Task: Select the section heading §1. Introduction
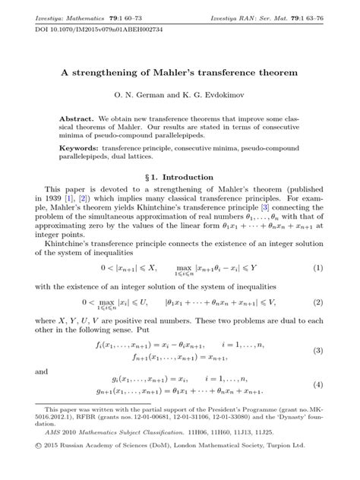[179, 175]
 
